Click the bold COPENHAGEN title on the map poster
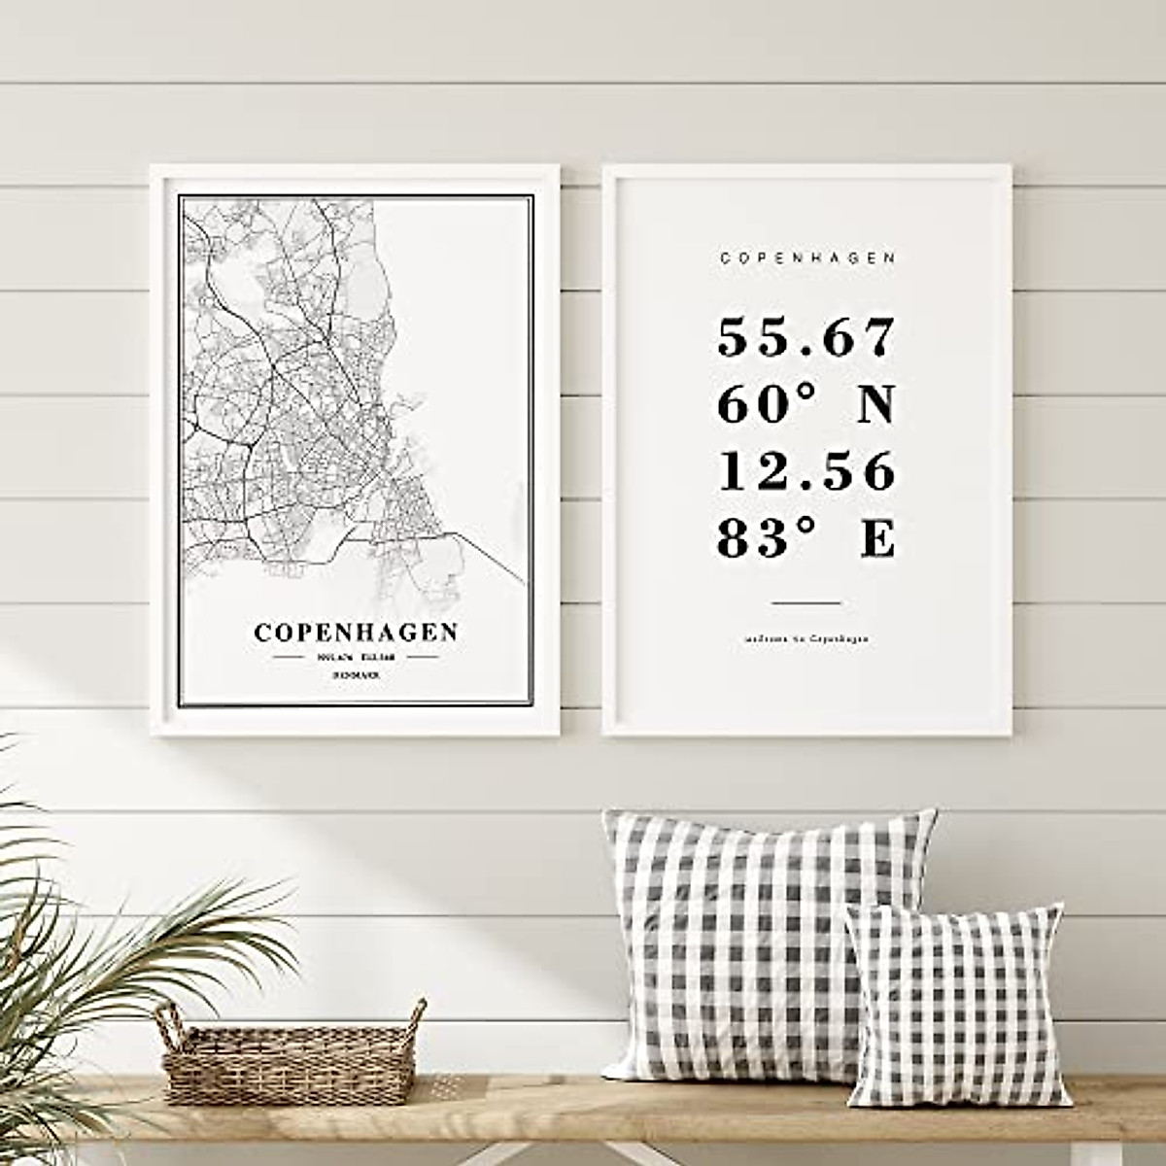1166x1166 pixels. (x=356, y=633)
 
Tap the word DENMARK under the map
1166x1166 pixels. (x=356, y=673)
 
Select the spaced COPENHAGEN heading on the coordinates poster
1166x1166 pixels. (x=807, y=258)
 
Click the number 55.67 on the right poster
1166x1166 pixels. (x=806, y=338)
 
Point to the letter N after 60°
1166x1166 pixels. (x=875, y=405)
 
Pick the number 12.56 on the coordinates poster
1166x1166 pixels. (x=806, y=472)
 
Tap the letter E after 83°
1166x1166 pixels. (x=877, y=539)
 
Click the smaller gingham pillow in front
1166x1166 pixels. (x=957, y=1006)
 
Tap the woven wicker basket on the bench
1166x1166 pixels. (x=291, y=1059)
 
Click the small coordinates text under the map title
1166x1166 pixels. (x=356, y=657)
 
